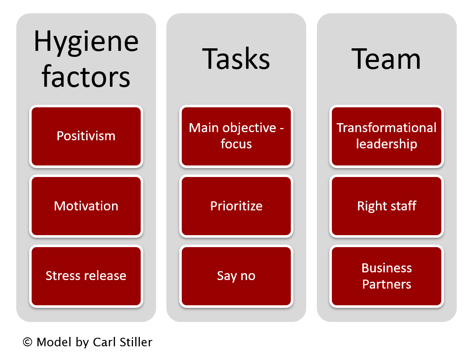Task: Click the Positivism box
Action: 86,136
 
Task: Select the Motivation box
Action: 86,206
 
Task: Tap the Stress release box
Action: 86,276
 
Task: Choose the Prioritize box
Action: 236,206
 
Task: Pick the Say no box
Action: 236,276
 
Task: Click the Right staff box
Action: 387,206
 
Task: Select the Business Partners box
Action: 387,276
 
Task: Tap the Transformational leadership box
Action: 387,136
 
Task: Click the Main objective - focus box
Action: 236,136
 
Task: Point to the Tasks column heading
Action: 236,59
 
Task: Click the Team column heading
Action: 386,59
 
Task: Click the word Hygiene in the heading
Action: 86,42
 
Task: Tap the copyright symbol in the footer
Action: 27,342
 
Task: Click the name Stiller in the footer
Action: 136,342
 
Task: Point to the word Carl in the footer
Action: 104,342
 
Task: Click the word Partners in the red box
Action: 387,284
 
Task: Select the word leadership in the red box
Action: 387,144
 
